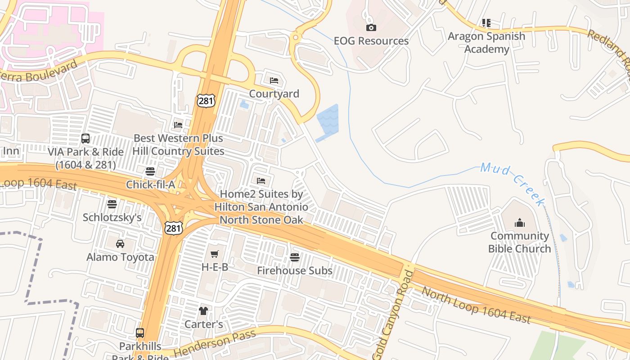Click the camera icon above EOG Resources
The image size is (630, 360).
(371, 27)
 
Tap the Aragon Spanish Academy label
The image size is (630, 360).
(486, 42)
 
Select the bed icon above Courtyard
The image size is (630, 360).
(274, 81)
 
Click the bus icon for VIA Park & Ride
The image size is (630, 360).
(85, 138)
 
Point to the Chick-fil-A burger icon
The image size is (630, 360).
(150, 171)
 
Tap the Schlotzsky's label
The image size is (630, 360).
(112, 217)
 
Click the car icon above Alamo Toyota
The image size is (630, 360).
(120, 243)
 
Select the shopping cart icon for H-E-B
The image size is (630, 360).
(215, 254)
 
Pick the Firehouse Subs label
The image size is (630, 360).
(295, 270)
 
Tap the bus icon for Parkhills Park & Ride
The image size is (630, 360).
(140, 333)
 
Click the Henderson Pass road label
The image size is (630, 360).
(215, 343)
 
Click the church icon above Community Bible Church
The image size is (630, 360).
(520, 222)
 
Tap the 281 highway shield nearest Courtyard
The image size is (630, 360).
(206, 100)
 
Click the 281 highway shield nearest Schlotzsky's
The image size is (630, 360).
(173, 228)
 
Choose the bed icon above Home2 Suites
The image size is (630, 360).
(261, 181)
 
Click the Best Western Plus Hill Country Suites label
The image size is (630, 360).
(178, 144)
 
